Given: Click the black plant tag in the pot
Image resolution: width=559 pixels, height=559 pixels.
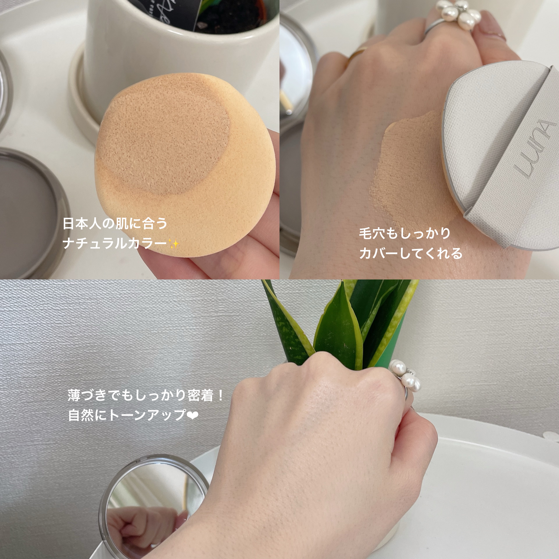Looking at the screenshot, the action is click(x=185, y=13).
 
